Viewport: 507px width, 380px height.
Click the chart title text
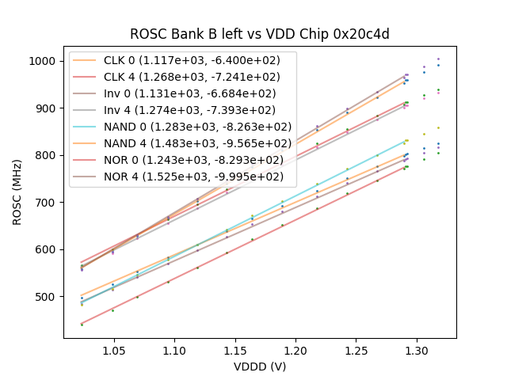coord(259,34)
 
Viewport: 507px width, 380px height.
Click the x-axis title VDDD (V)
coord(259,367)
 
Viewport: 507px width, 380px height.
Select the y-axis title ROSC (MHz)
coord(17,192)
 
